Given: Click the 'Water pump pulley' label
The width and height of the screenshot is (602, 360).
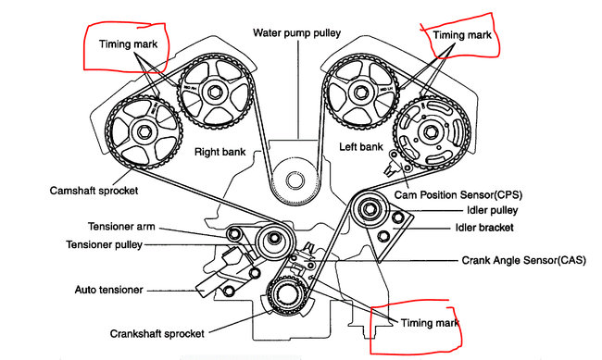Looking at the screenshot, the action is (x=296, y=33).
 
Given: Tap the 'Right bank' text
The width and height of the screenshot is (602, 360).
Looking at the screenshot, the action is (x=220, y=152).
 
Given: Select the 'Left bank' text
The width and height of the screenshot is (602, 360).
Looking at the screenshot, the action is (x=361, y=146).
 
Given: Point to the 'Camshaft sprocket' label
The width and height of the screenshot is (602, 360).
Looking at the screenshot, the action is (x=94, y=191).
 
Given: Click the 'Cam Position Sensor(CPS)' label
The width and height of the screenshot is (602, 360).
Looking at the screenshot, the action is (x=458, y=195).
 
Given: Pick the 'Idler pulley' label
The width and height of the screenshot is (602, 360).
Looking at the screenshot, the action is (x=493, y=210).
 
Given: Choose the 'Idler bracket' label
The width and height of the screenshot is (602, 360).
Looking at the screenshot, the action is (x=484, y=228).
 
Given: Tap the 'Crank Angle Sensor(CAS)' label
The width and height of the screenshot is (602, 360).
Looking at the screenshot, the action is (x=524, y=261).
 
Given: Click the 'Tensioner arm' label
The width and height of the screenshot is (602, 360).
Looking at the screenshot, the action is (x=121, y=227).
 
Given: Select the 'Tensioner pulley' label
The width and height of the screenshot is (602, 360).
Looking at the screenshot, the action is (x=105, y=245).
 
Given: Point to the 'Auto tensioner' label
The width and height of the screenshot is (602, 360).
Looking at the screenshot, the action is (x=109, y=290).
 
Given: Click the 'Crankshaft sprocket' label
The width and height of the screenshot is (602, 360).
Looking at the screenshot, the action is (x=157, y=334).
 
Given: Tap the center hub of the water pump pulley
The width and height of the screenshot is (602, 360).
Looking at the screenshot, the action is (x=295, y=180).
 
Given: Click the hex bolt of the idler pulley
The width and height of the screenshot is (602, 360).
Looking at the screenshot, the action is (x=370, y=209).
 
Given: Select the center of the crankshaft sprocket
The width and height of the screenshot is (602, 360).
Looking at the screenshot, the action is (x=287, y=294).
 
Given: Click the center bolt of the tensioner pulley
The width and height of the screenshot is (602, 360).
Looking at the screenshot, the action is (x=274, y=239).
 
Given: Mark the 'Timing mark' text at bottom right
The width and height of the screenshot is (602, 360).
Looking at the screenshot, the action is (x=430, y=323).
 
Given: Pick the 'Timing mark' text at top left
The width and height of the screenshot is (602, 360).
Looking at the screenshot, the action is (x=128, y=44).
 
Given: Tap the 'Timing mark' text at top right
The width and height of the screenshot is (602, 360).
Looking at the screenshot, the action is (x=462, y=35).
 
